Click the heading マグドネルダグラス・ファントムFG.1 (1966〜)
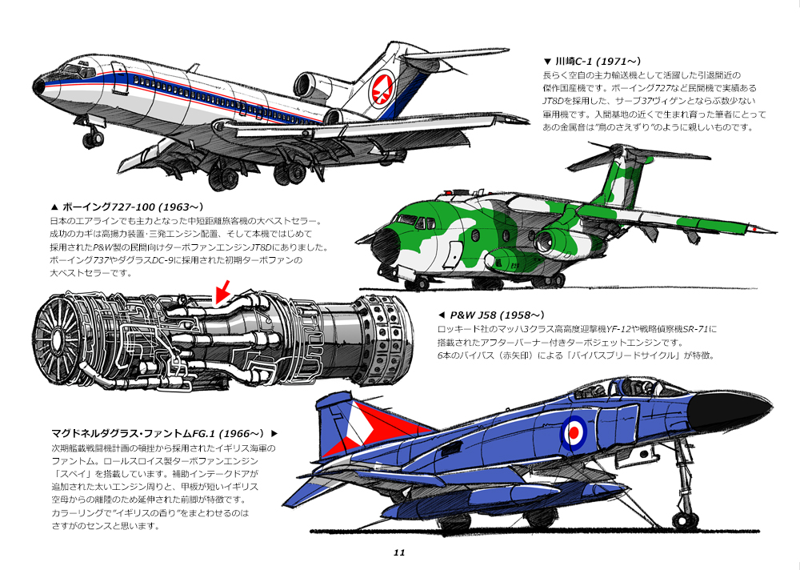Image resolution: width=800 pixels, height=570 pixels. click(x=164, y=432)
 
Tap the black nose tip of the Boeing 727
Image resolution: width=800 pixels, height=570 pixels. click(x=38, y=86)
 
